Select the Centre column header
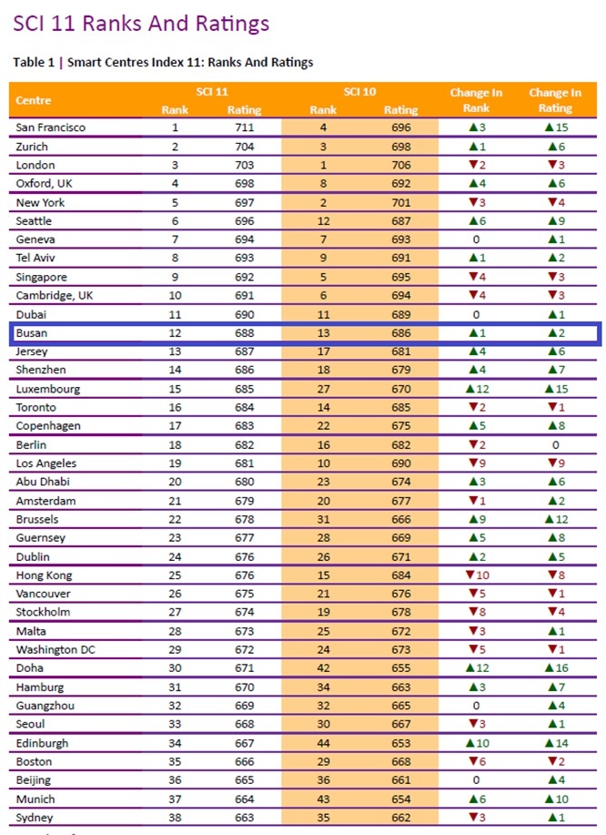coord(34,100)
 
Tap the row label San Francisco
coord(51,127)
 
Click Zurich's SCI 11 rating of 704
coord(243,147)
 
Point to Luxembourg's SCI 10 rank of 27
coord(322,389)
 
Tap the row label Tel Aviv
coord(36,259)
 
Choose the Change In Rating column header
coord(555,100)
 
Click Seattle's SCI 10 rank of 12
coord(322,221)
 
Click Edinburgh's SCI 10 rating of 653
coord(400,743)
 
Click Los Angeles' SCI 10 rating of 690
coord(400,463)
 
